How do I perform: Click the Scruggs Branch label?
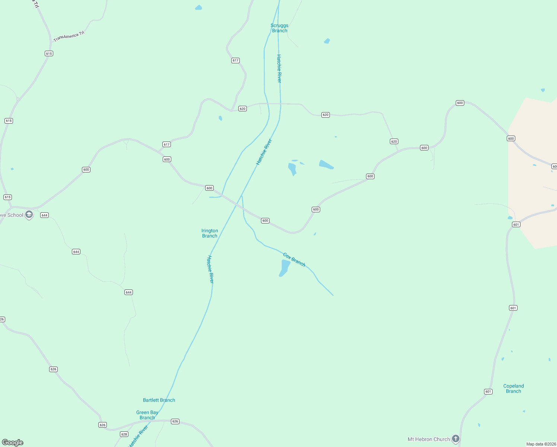coord(279,28)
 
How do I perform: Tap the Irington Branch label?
coord(210,233)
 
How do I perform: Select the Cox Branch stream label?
coord(294,260)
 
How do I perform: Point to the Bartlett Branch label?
coord(159,400)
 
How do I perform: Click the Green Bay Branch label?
coord(147,415)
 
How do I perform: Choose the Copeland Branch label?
coord(513,389)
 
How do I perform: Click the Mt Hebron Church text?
coord(429,439)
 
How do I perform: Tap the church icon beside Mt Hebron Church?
coord(456,439)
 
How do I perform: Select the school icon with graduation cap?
coord(29,215)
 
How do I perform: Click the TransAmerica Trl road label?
coord(69,36)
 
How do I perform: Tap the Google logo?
coord(13,443)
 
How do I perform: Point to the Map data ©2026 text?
coord(541,444)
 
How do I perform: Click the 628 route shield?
coord(124,434)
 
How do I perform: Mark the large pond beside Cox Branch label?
coord(285,268)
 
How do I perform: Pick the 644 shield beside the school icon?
coord(45,215)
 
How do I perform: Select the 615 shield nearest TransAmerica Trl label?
coord(49,54)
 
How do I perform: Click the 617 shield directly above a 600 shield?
coord(166,145)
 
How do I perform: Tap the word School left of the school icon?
coord(15,215)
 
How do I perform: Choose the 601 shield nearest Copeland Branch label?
coord(488,391)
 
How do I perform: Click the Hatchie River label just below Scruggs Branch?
coord(279,69)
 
